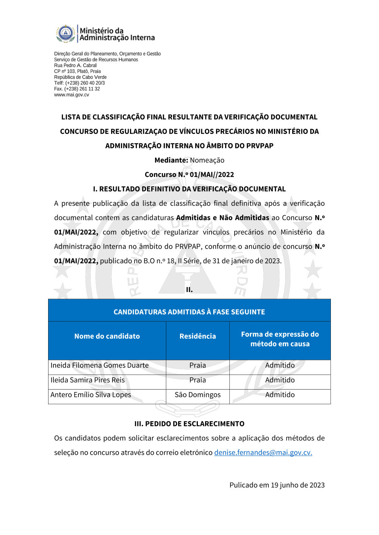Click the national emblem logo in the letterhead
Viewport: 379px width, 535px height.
pos(66,33)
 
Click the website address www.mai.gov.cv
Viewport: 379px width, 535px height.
pos(72,95)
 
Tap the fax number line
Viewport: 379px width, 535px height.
pos(77,89)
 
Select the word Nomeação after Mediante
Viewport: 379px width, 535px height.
pos(207,160)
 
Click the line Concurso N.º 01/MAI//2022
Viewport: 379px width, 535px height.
pos(189,174)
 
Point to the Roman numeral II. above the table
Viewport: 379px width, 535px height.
pos(189,290)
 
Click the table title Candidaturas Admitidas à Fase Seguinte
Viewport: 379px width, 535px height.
pos(189,312)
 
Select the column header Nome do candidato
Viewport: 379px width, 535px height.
pos(107,336)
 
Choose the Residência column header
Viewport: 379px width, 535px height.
pos(197,336)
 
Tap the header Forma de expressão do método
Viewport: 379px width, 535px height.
pos(280,339)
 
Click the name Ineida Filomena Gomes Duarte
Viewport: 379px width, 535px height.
pos(99,365)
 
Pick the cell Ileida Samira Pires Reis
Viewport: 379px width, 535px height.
pos(88,380)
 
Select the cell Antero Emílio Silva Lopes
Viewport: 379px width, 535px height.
pos(91,395)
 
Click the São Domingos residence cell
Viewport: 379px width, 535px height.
pos(197,395)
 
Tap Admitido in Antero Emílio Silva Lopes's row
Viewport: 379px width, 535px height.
pos(280,395)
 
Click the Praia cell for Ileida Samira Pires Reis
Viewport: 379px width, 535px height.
pos(197,380)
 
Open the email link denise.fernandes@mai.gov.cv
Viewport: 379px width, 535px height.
pos(263,453)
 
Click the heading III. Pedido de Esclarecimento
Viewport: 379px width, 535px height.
pos(189,424)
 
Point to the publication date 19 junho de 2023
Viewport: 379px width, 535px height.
pos(298,485)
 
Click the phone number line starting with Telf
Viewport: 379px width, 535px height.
pos(79,83)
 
